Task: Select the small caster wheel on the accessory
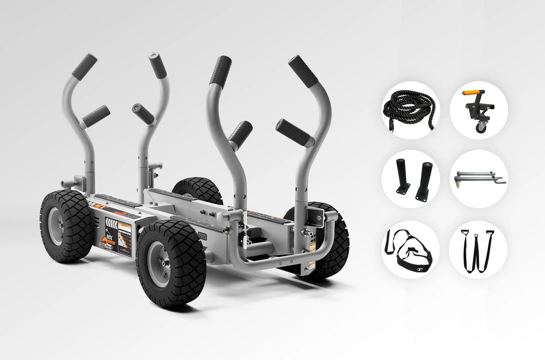point(480,127)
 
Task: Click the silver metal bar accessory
point(478,178)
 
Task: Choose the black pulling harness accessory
point(410,250)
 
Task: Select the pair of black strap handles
point(478,249)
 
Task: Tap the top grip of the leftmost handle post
point(84,67)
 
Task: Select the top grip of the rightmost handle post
point(304,72)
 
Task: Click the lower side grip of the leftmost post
point(96,116)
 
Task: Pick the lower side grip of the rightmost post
point(294,133)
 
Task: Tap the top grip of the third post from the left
point(220,71)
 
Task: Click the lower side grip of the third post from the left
point(240,134)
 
